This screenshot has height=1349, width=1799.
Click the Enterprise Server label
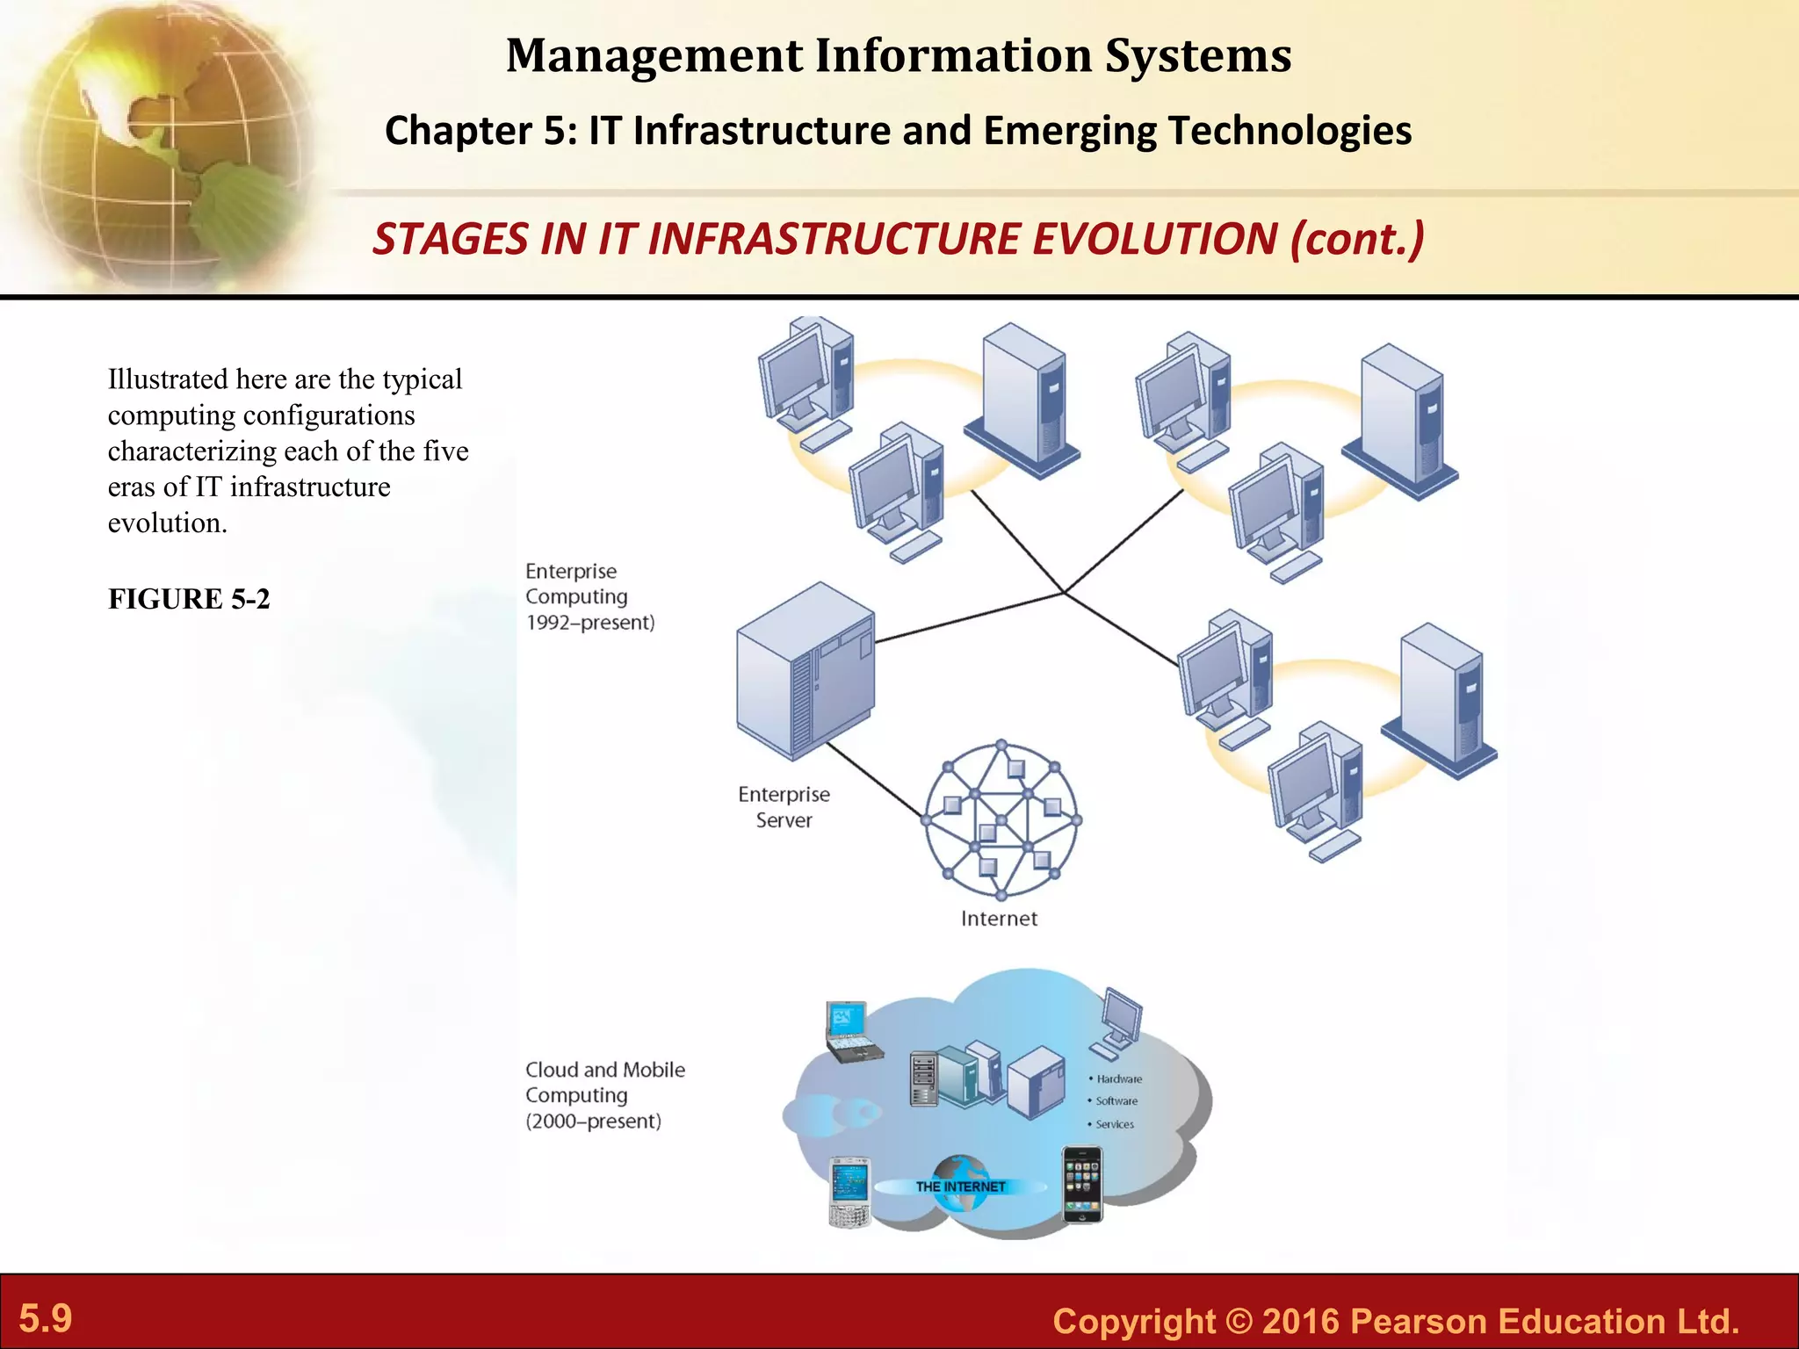784,807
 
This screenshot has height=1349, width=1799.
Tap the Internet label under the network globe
999,919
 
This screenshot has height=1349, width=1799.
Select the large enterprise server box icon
806,671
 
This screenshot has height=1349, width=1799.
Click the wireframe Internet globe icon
1002,820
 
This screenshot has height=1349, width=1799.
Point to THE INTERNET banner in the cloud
960,1187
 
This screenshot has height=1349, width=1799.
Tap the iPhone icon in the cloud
1082,1185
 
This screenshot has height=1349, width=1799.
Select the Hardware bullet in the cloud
1118,1079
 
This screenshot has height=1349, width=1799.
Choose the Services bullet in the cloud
1114,1124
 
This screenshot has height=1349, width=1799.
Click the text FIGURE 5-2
189,599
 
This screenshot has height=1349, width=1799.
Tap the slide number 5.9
46,1318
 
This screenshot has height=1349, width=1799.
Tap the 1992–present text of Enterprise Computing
590,623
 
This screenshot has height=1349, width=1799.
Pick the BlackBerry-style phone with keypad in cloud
849,1192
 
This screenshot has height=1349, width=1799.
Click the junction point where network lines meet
1064,592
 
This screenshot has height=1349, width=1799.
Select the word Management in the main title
654,55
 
